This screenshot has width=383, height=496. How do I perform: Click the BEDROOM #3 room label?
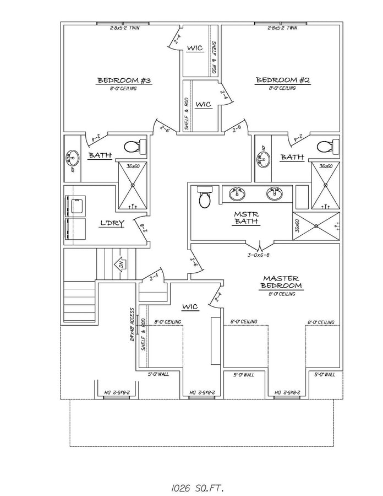[124, 81]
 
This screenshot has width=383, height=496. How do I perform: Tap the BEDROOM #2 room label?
[283, 80]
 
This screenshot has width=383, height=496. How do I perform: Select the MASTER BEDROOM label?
[281, 282]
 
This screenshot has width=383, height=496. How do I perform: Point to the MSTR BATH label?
[243, 218]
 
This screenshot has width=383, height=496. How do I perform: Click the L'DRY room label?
[112, 223]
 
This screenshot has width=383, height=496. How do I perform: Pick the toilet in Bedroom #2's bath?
[325, 147]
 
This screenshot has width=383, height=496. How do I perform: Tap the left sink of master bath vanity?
[239, 194]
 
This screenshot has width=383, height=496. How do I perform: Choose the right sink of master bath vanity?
[273, 194]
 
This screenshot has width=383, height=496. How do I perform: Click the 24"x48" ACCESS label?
[132, 324]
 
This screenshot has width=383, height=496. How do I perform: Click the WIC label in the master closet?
[190, 306]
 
